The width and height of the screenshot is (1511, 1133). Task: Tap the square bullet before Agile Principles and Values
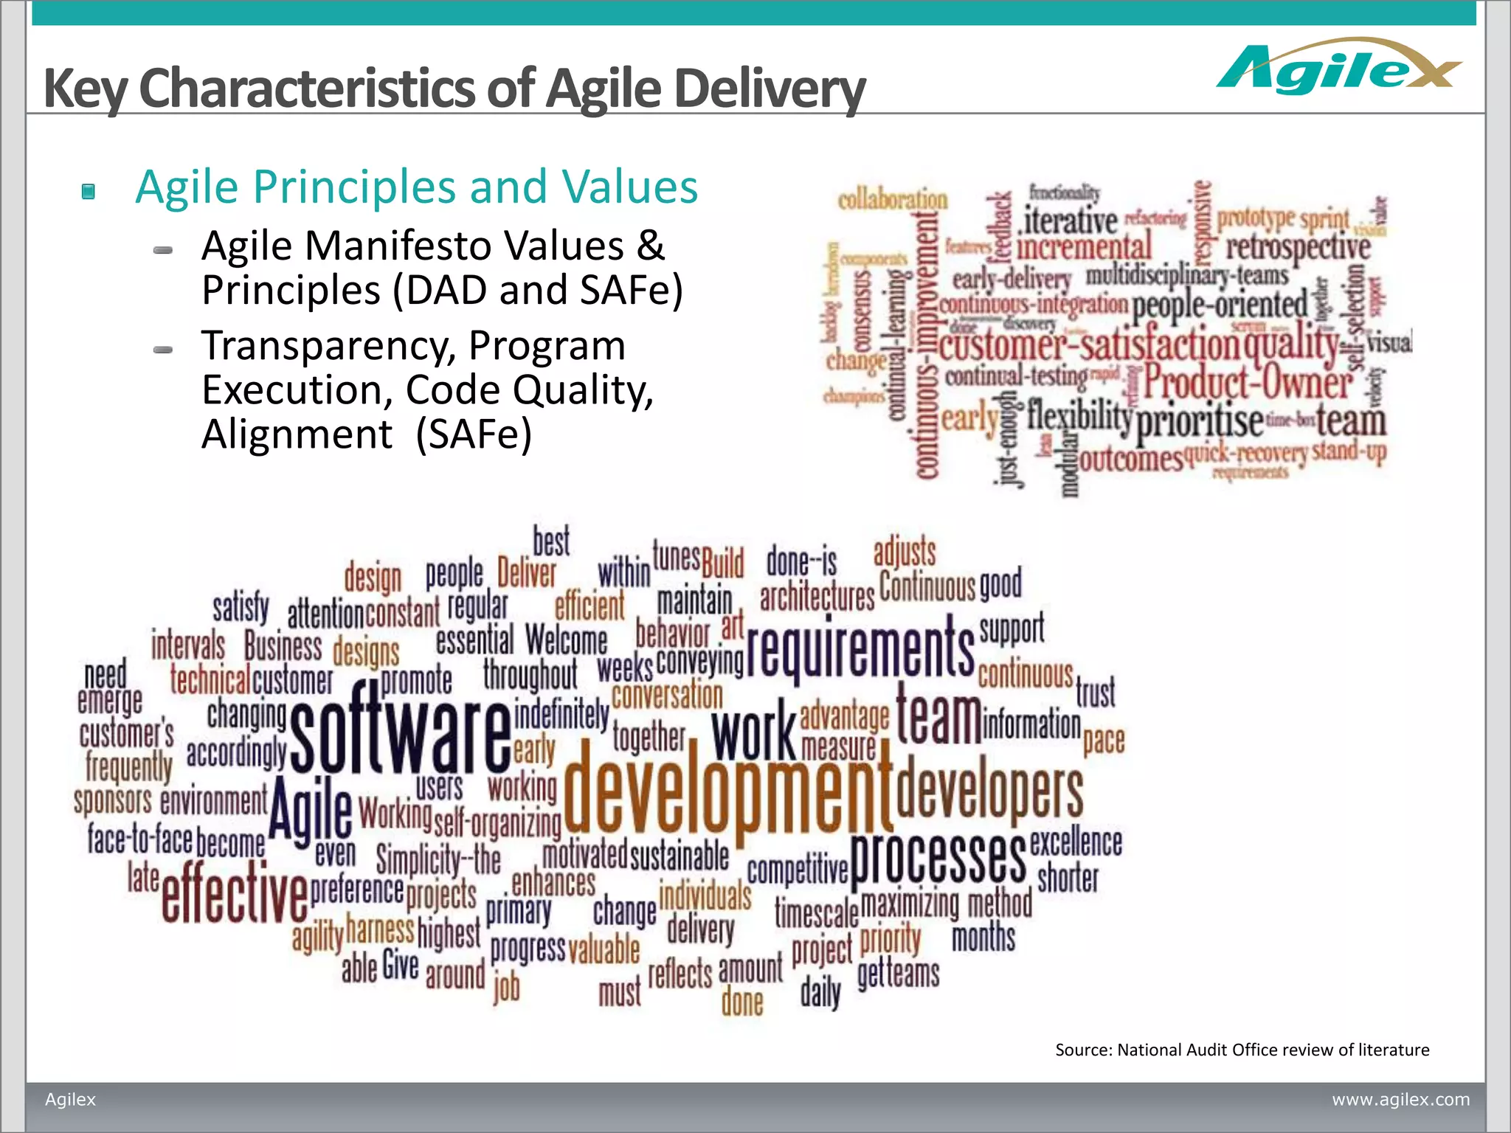coord(89,192)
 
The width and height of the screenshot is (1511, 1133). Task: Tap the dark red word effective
coord(234,893)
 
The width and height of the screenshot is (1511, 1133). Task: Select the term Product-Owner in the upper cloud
coord(1248,383)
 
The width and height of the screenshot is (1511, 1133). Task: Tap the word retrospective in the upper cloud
coord(1298,248)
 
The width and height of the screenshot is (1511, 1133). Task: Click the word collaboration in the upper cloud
coord(892,200)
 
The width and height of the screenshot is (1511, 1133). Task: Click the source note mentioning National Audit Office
coord(1242,1050)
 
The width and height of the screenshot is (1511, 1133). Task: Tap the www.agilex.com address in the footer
coord(1400,1099)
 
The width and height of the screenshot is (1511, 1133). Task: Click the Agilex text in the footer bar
coord(71,1099)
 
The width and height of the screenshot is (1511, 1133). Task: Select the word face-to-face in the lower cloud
coord(139,839)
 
